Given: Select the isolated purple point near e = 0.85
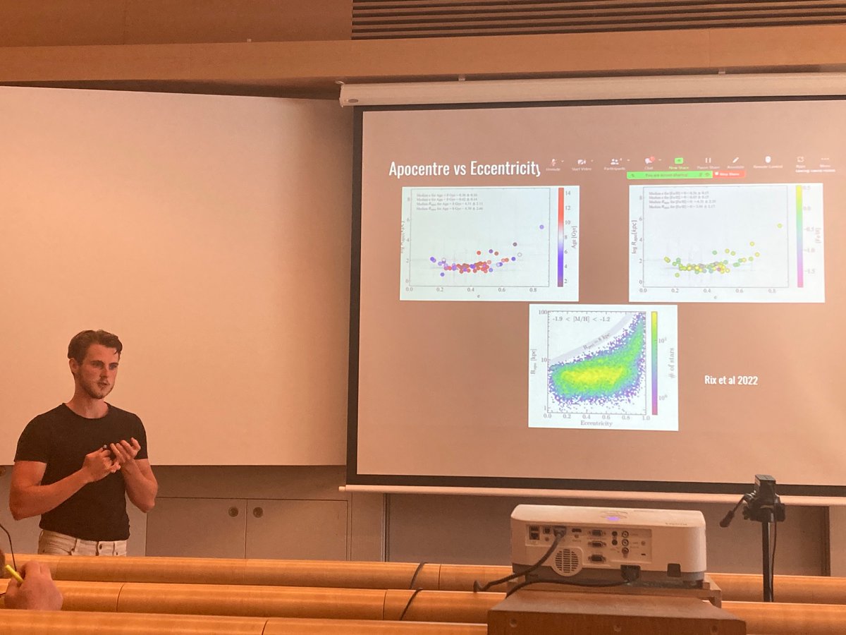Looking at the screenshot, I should (541, 226).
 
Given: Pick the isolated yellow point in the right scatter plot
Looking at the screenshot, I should (780, 226).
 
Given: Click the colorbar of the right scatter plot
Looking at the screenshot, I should (799, 236).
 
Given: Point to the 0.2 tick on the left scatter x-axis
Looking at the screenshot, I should (440, 289).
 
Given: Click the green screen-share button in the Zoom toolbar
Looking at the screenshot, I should (680, 161).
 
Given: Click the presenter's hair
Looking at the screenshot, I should (94, 343).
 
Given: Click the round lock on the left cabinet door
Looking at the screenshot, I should (233, 511).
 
